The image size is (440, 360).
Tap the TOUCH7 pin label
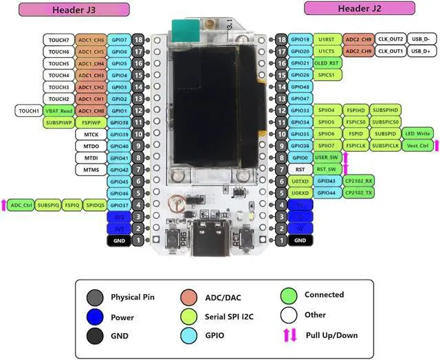coord(58,40)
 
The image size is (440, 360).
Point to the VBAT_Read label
coord(58,111)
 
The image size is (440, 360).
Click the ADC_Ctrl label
coord(22,205)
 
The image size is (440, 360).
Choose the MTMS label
coord(91,169)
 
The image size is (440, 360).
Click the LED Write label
coord(418,133)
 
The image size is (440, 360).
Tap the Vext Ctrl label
coord(418,146)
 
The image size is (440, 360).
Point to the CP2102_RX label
coord(357,181)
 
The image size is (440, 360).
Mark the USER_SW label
coord(325,157)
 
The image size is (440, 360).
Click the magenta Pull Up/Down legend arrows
coord(289,335)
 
